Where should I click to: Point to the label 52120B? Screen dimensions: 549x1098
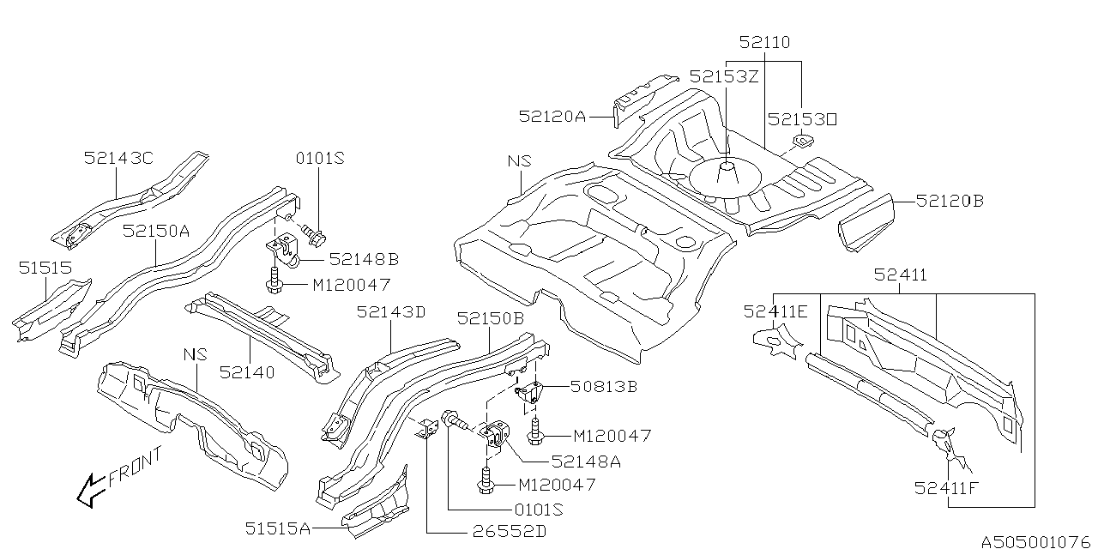click(950, 202)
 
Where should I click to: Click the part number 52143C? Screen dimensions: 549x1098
click(118, 158)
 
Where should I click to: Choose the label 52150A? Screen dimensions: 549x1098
click(156, 231)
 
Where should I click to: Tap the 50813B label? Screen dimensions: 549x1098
click(603, 387)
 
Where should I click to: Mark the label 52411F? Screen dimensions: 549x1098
click(947, 490)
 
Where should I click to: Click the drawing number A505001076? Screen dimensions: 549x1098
click(1037, 541)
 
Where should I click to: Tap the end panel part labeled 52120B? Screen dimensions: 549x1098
click(866, 219)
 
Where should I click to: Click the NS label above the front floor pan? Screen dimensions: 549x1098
click(519, 161)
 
